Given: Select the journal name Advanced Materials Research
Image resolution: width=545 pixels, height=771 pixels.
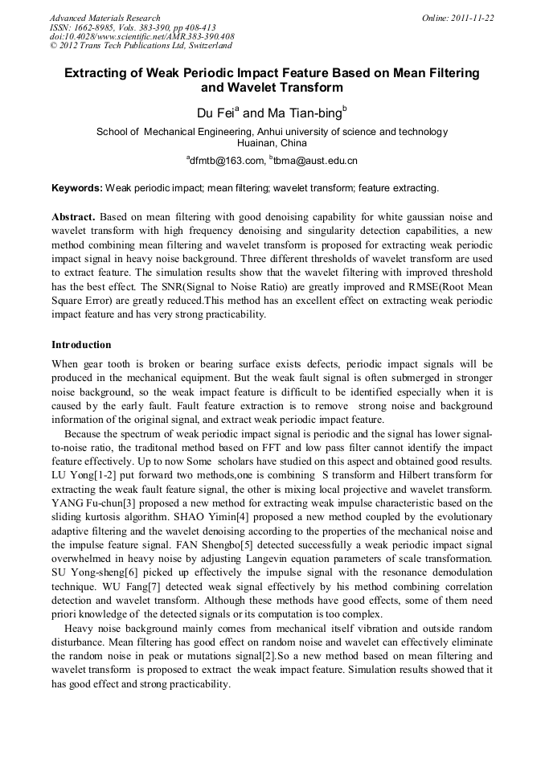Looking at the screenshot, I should click(105, 18).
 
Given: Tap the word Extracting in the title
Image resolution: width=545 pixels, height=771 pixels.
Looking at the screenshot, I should click(98, 73).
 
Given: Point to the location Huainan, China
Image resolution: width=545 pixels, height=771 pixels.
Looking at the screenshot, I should click(272, 142).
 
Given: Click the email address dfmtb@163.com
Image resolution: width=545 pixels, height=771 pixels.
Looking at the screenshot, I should click(226, 161).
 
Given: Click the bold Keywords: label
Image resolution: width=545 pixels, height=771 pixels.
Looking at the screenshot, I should click(77, 188).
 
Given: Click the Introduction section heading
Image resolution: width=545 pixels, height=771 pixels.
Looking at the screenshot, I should click(81, 345).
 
